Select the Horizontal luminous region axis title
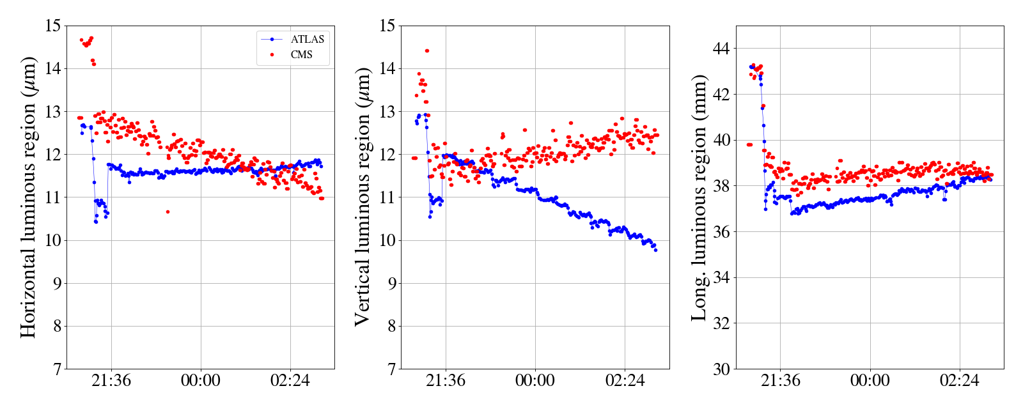tap(28, 197)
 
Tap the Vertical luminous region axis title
tap(363, 197)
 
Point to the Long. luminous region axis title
tap(699, 197)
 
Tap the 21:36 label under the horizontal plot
tap(111, 381)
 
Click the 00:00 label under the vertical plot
tap(535, 381)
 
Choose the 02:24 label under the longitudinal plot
tap(959, 381)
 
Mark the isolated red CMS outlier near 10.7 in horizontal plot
tap(168, 212)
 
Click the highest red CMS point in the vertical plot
tap(427, 50)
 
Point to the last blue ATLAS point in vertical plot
tap(655, 250)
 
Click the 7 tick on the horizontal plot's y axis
tap(56, 369)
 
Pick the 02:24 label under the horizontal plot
tap(290, 381)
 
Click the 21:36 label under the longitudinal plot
tap(781, 381)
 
